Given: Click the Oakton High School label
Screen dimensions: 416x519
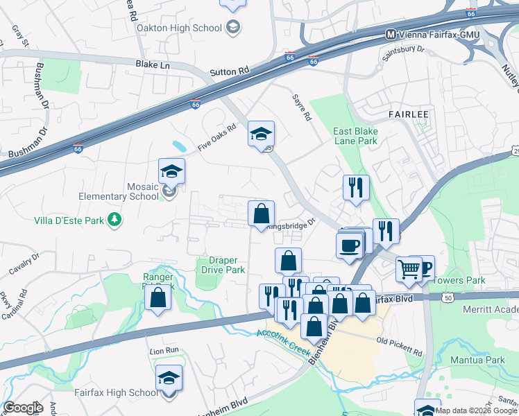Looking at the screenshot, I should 179,28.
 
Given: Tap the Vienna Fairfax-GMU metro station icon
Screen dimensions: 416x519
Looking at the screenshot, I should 391,34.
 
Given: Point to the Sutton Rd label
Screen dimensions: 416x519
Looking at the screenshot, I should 229,71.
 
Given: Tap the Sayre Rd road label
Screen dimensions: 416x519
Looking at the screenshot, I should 301,107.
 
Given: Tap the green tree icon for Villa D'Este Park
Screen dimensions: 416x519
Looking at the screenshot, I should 114,220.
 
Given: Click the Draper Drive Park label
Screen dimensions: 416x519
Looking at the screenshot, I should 223,265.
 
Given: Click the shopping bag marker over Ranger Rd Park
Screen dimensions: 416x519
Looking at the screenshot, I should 158,297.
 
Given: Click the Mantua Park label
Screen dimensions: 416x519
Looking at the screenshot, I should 477,360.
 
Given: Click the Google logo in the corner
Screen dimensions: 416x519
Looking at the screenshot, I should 23,408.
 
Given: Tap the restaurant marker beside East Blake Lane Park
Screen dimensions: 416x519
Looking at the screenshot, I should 356,187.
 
